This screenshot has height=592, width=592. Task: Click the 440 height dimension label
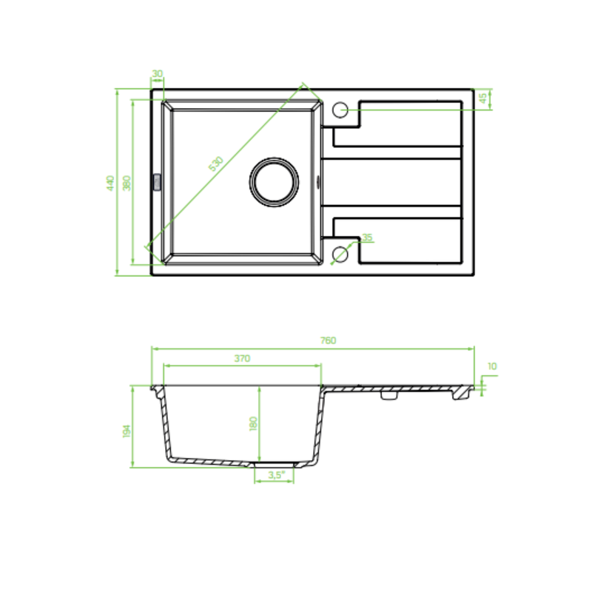[x=110, y=183]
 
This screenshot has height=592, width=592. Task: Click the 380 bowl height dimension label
[x=127, y=183]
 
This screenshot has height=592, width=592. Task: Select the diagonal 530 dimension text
[x=216, y=164]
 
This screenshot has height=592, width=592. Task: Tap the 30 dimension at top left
[x=157, y=73]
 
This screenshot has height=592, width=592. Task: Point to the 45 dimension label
[x=482, y=98]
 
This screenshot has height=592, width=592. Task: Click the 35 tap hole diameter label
[x=367, y=237]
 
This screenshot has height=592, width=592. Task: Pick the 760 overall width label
[x=328, y=340]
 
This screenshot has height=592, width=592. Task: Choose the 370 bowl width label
[x=242, y=358]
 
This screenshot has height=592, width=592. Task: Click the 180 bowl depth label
[x=253, y=423]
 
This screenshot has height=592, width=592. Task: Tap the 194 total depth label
[x=127, y=431]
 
